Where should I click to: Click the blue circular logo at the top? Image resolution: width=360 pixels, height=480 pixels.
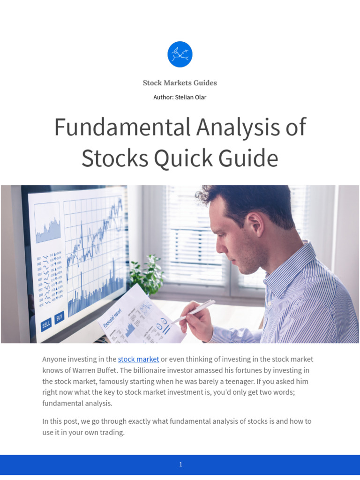pyautogui.click(x=180, y=54)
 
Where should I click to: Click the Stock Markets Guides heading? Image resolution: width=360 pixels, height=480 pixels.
pyautogui.click(x=180, y=83)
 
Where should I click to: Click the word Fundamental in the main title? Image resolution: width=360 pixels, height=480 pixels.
pyautogui.click(x=120, y=127)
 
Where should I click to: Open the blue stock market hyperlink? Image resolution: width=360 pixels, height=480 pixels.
pyautogui.click(x=138, y=359)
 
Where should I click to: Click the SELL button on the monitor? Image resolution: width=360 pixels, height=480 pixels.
pyautogui.click(x=46, y=324)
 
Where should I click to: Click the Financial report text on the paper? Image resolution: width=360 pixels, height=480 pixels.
pyautogui.click(x=112, y=318)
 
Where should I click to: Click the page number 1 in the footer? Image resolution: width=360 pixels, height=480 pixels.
pyautogui.click(x=180, y=465)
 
